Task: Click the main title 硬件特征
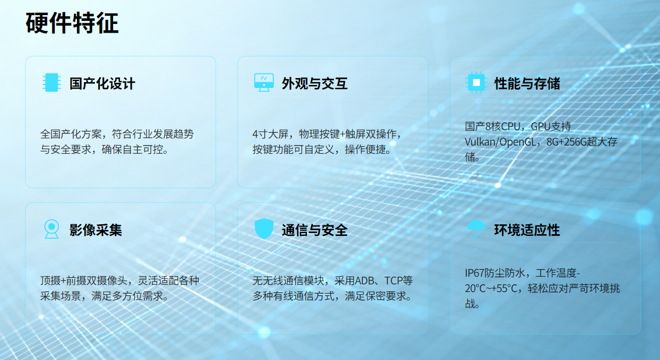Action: [x=72, y=23]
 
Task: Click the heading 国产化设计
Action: [x=103, y=83]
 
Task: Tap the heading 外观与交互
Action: [x=315, y=83]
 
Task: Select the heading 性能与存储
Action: [x=527, y=83]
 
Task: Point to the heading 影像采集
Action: [x=96, y=230]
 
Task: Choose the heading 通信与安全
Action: [x=315, y=230]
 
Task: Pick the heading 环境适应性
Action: [x=527, y=230]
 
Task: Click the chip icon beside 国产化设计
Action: [x=52, y=83]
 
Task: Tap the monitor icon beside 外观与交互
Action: [x=264, y=83]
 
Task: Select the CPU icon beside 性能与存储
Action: [x=477, y=83]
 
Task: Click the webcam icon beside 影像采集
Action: [x=52, y=229]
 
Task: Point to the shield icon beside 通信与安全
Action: [x=264, y=228]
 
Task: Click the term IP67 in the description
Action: [x=474, y=273]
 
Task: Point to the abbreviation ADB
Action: [x=365, y=280]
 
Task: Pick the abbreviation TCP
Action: [x=394, y=280]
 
